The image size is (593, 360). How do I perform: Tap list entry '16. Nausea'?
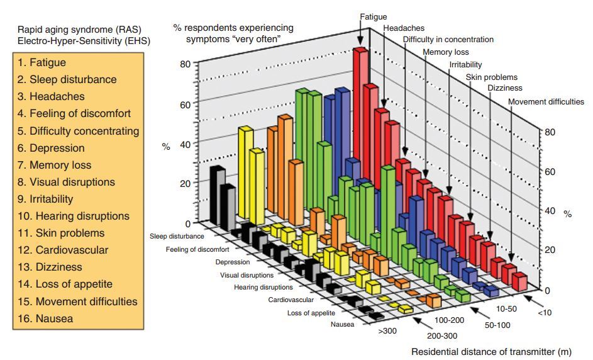tap(45, 318)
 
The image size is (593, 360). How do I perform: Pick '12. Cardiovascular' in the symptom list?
tap(63, 250)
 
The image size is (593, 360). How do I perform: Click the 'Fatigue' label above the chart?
tap(374, 16)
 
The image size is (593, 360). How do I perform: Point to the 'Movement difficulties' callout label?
tap(546, 101)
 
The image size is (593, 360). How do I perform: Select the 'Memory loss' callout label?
tap(445, 52)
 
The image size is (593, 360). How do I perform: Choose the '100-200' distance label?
tap(450, 320)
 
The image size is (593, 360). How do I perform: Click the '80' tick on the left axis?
tap(184, 64)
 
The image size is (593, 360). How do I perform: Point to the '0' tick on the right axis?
tap(547, 290)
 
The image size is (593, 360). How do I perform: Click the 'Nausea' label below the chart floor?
tap(342, 325)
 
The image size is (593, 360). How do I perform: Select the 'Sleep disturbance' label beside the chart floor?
tap(177, 237)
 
